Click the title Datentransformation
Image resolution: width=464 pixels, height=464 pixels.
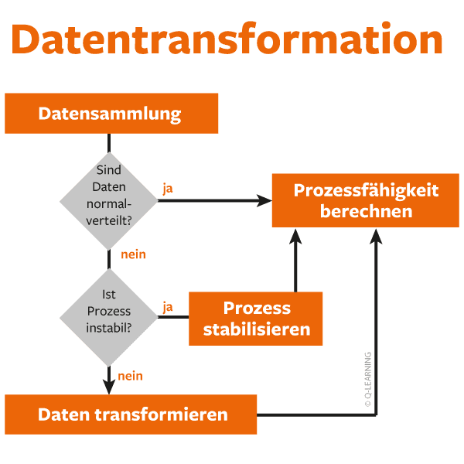[227, 39]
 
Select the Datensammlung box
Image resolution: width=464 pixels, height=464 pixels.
[111, 114]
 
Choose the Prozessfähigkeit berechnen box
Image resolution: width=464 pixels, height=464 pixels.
[366, 200]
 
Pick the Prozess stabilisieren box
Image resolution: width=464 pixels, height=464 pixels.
[255, 318]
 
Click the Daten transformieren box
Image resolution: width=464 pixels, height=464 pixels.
[131, 415]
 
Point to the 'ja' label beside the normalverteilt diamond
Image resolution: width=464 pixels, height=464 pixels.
[168, 189]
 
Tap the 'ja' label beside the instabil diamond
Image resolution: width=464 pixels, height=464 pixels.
[168, 306]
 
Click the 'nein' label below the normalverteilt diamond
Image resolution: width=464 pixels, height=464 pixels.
[133, 254]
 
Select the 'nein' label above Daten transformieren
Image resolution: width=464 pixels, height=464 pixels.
[130, 377]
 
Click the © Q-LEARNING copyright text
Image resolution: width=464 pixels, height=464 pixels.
[368, 380]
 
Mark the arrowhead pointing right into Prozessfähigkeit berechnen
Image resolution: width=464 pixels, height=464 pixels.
[265, 200]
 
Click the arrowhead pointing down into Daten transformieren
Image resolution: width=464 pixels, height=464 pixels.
[109, 387]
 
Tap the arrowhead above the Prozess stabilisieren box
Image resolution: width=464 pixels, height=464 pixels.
[295, 236]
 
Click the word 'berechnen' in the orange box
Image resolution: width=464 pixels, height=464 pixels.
[366, 211]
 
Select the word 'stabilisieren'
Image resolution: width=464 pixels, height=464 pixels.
[256, 329]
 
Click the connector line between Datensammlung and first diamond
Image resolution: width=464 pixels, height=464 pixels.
[109, 142]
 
